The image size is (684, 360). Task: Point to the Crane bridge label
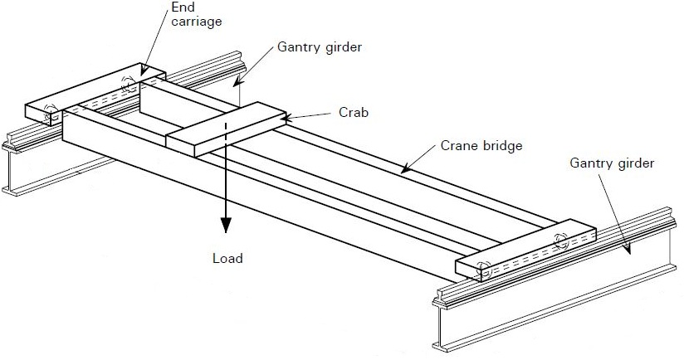click(481, 146)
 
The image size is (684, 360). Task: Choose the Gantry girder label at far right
click(613, 163)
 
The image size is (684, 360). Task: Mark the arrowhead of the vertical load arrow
click(224, 228)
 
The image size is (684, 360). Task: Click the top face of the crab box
click(224, 125)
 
